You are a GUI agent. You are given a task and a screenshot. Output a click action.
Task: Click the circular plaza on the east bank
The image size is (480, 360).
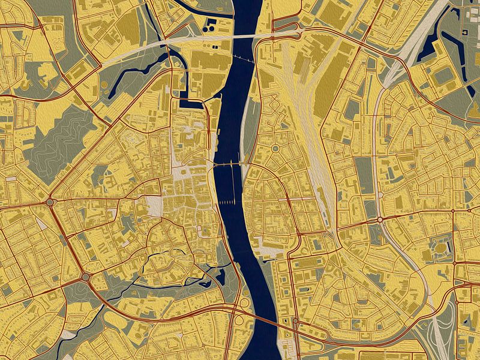[x=275, y=148]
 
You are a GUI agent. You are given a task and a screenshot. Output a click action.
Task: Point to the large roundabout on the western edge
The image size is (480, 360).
[x=50, y=202]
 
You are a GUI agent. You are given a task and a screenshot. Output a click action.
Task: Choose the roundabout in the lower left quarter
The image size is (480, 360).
[x=86, y=277]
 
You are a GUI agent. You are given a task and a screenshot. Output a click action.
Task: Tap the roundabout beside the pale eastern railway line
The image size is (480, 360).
[x=380, y=220]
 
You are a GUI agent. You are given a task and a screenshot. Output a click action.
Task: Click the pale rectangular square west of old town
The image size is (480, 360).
[x=154, y=206]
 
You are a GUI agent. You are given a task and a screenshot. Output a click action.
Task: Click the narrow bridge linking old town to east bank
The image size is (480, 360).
[x=229, y=164]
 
